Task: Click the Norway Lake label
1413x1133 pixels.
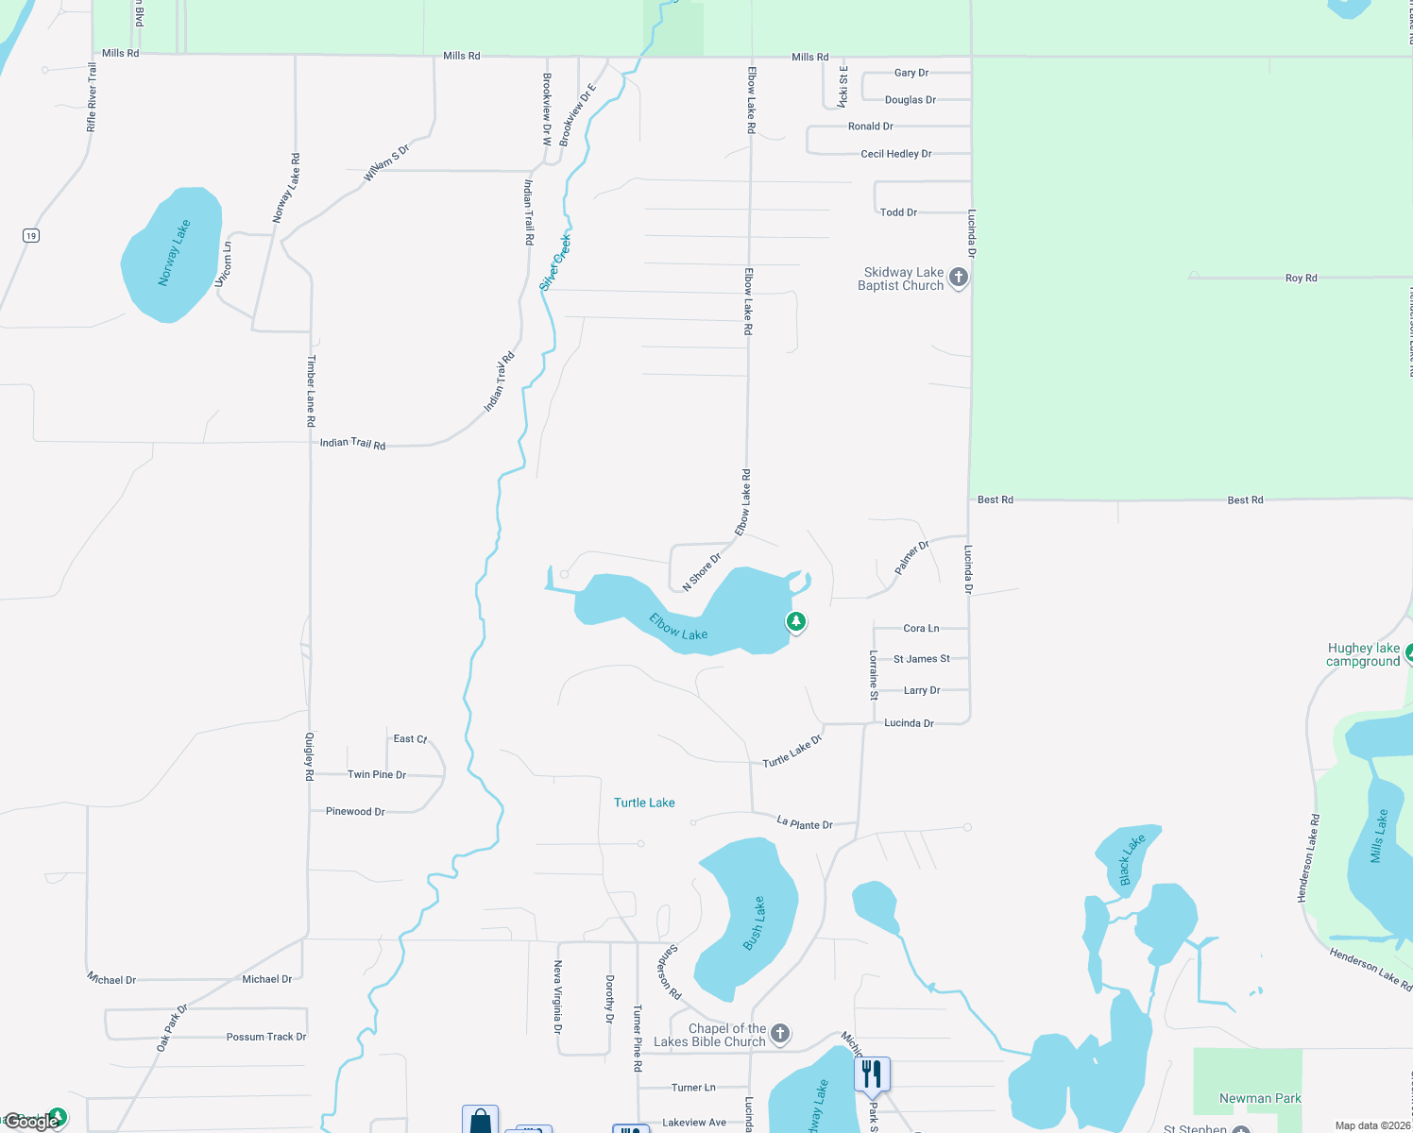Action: [x=174, y=253]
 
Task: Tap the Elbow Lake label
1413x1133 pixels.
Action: [x=678, y=627]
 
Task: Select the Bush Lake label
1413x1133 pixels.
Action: [x=754, y=923]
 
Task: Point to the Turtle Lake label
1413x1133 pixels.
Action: [x=644, y=803]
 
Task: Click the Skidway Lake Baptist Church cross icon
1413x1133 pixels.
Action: [x=959, y=278]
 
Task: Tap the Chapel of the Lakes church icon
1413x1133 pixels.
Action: [x=780, y=1033]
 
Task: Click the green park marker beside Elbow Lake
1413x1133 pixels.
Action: [x=796, y=621]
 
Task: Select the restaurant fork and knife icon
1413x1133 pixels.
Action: [x=872, y=1074]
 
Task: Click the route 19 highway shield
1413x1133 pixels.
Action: [x=31, y=236]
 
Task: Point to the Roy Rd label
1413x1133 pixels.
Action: [x=1301, y=278]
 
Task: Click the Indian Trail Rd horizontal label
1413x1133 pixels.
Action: [x=352, y=443]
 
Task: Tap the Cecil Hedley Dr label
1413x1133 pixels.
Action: [x=895, y=154]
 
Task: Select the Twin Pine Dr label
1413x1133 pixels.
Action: [x=377, y=774]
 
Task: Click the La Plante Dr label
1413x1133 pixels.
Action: [x=805, y=824]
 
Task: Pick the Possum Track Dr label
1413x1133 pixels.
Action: [x=266, y=1037]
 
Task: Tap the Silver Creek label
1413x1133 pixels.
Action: [x=555, y=262]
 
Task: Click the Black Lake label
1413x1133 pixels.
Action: [x=1132, y=859]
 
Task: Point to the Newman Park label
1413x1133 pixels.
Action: [x=1260, y=1098]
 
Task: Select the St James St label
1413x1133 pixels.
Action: [x=921, y=659]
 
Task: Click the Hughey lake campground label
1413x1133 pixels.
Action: [x=1363, y=654]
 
